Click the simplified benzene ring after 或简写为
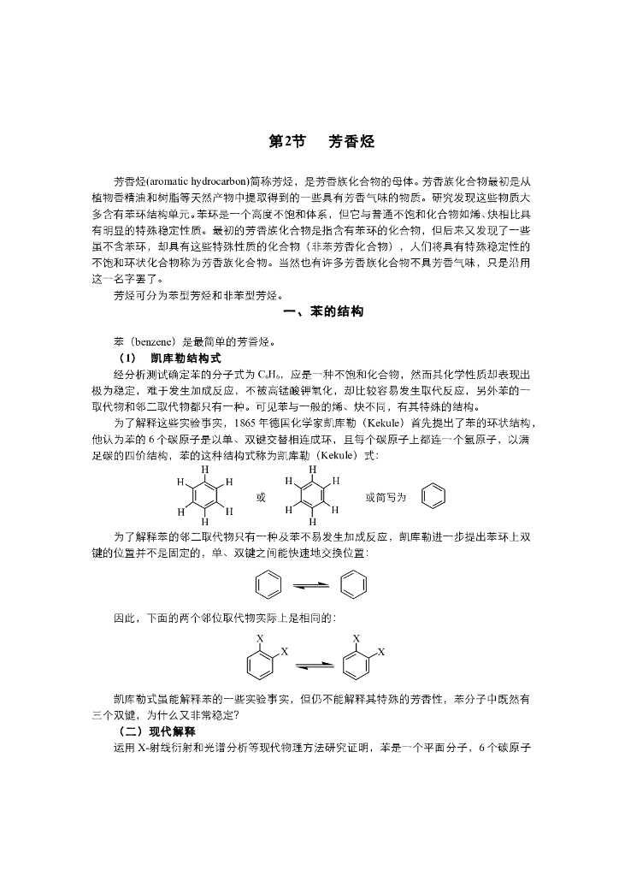pyautogui.click(x=433, y=495)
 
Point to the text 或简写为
pyautogui.click(x=386, y=496)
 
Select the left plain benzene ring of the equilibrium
pyautogui.click(x=267, y=586)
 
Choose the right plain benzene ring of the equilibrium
pyautogui.click(x=352, y=586)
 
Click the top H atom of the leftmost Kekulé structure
pyautogui.click(x=205, y=470)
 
